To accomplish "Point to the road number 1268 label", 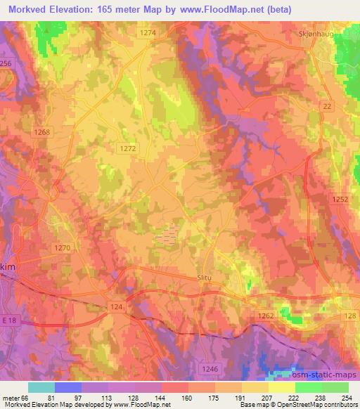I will (42, 132).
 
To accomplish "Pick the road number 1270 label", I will (62, 247).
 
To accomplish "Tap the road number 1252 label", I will (341, 200).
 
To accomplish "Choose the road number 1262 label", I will (266, 316).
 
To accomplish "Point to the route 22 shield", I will (326, 106).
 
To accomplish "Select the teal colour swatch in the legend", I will (41, 387).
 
